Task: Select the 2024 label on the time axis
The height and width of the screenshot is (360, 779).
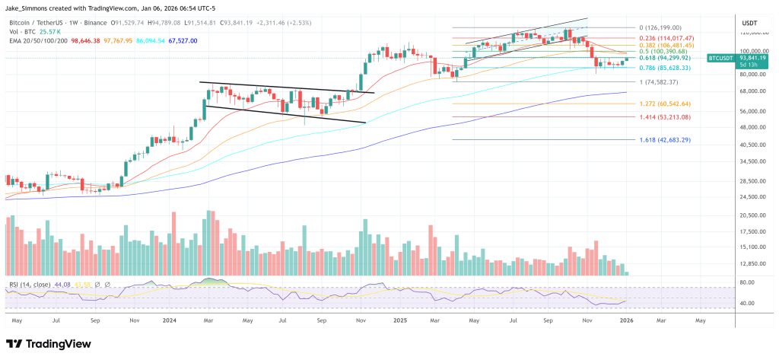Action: [x=170, y=321]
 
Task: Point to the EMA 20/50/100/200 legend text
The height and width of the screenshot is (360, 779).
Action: [x=39, y=41]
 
